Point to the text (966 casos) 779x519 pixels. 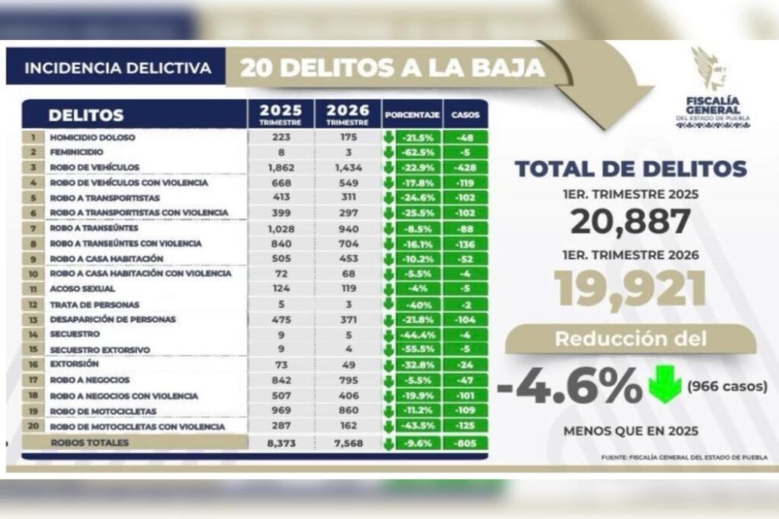pyautogui.click(x=726, y=387)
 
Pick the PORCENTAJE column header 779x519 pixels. pyautogui.click(x=412, y=116)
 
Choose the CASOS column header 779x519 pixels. pyautogui.click(x=465, y=116)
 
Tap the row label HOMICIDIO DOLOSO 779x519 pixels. pyautogui.click(x=92, y=138)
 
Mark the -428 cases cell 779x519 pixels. pyautogui.click(x=465, y=167)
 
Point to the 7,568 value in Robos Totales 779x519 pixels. pyautogui.click(x=348, y=443)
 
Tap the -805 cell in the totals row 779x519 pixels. pyautogui.click(x=465, y=443)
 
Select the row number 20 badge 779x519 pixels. pyautogui.click(x=32, y=427)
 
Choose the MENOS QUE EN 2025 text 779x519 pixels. pyautogui.click(x=631, y=431)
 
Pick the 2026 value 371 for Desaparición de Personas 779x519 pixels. pyautogui.click(x=348, y=320)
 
